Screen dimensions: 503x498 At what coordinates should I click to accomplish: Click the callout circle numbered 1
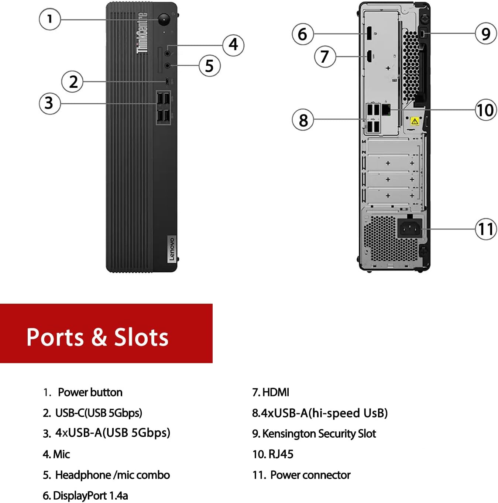[x=49, y=19]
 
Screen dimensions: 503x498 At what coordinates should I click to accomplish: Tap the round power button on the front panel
[x=164, y=19]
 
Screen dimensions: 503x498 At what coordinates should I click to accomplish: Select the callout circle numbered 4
[x=233, y=45]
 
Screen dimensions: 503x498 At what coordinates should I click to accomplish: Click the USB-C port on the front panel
[x=168, y=81]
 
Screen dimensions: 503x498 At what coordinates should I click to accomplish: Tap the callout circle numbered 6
[x=303, y=34]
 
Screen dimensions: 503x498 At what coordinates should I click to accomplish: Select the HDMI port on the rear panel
[x=368, y=56]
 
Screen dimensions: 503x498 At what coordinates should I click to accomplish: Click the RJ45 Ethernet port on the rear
[x=386, y=110]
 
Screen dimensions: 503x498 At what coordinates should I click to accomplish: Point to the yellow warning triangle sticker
[x=415, y=121]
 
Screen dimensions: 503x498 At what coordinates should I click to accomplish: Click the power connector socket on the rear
[x=409, y=229]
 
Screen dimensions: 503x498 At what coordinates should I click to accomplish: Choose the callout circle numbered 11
[x=486, y=229]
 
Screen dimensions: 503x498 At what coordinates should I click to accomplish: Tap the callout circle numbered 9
[x=486, y=34]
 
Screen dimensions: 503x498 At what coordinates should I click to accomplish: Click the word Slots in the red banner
[x=141, y=337]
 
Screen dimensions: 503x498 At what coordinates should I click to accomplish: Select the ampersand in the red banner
[x=99, y=337]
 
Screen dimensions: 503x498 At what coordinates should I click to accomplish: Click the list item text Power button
[x=90, y=392]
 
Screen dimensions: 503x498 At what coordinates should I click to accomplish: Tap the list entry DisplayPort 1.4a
[x=86, y=496]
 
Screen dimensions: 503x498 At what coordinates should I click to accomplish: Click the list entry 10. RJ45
[x=273, y=454]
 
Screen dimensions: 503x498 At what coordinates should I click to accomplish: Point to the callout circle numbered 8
[x=303, y=120]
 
